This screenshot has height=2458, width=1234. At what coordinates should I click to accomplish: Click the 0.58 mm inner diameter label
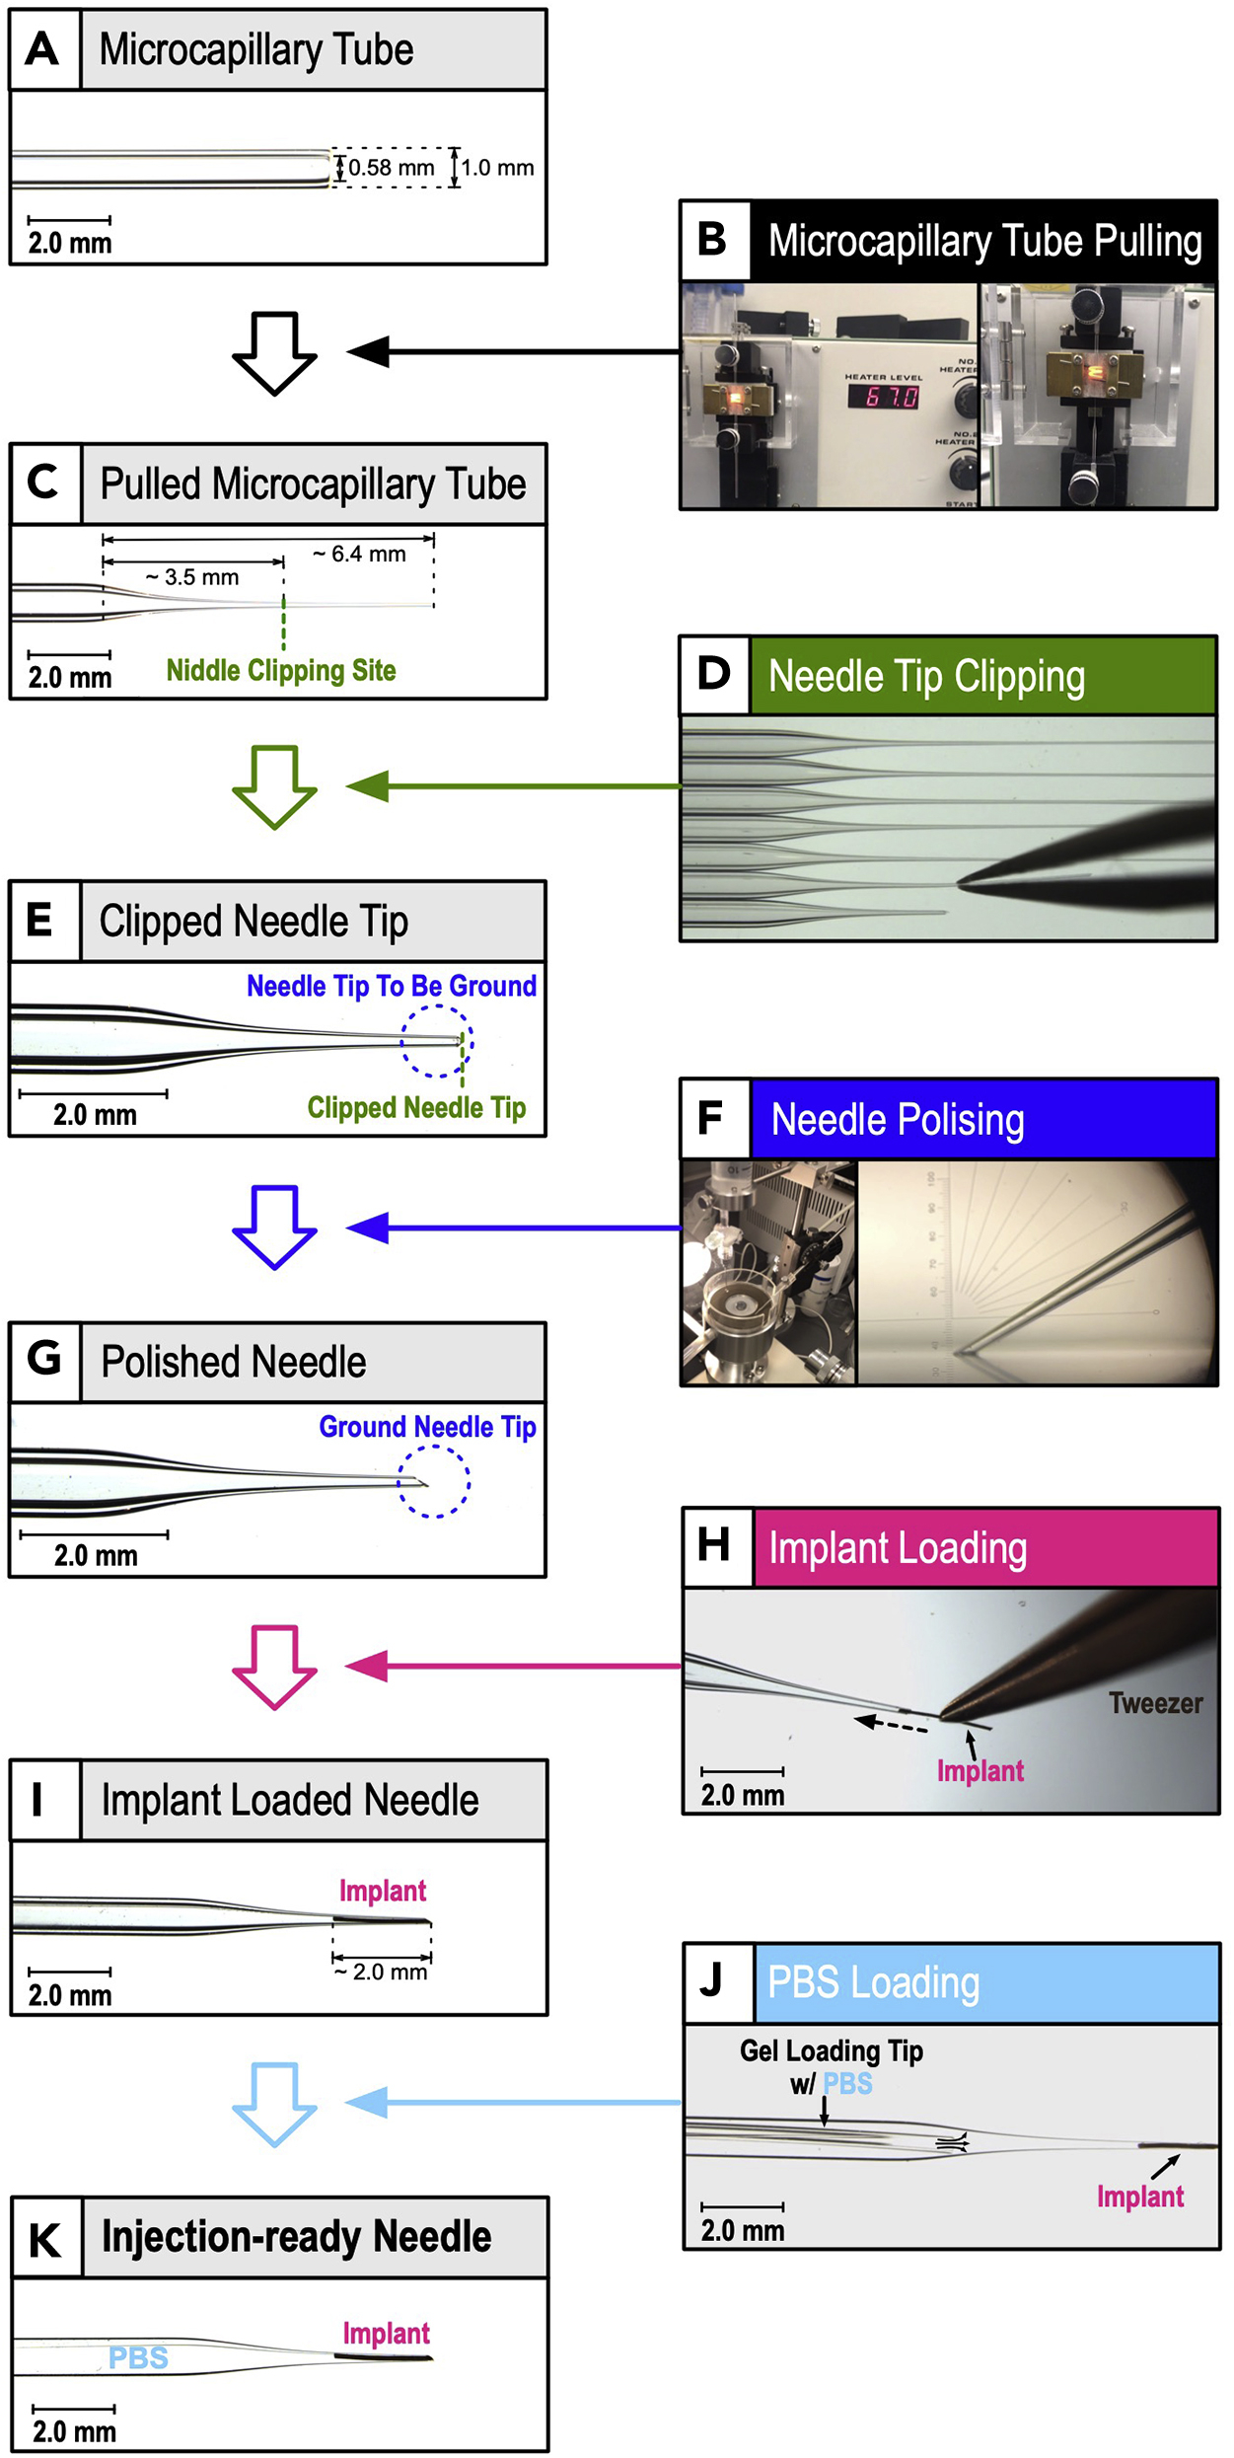pos(391,168)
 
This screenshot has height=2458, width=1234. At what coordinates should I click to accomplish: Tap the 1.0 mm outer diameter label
pos(497,168)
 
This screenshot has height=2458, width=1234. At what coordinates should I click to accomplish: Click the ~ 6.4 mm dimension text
pos(359,554)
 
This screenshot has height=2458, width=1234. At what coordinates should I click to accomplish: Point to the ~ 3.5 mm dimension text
pos(192,577)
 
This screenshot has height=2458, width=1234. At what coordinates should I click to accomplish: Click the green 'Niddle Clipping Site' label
pos(281,671)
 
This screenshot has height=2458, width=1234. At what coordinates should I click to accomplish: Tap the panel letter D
pos(714,675)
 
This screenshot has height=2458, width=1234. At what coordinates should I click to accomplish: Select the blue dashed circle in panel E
pos(436,1041)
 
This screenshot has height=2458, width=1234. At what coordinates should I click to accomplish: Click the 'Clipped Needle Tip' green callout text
pos(416,1107)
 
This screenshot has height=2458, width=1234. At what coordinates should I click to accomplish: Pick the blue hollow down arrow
pos(274,1226)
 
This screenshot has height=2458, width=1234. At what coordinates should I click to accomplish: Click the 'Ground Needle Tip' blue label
pos(427,1427)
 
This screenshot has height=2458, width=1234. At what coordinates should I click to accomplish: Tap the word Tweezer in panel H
pos(1155,1703)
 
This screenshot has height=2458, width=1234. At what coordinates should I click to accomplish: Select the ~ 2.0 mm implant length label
pos(381,1972)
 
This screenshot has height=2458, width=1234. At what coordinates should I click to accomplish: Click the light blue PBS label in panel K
pos(138,2357)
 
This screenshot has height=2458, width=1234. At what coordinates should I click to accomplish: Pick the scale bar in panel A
pos(69,219)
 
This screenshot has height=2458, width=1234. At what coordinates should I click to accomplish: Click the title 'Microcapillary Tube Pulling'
pos(984,242)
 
